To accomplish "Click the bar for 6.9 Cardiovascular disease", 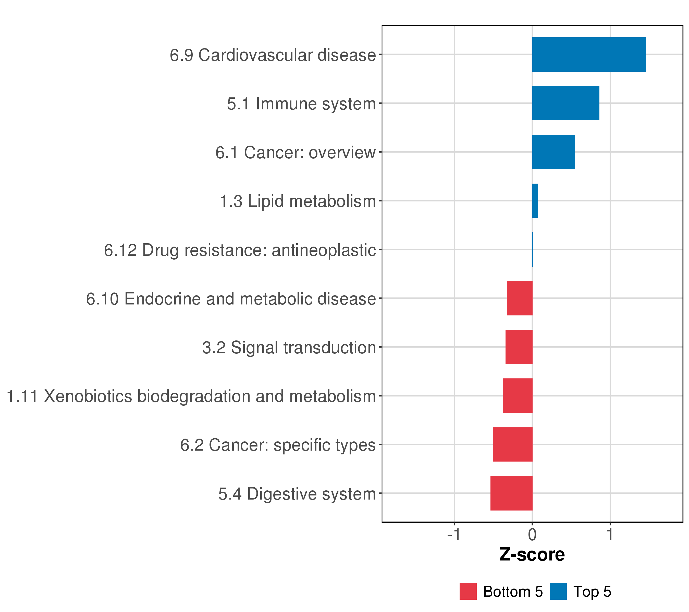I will point(589,55).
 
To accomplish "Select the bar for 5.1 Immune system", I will point(566,103).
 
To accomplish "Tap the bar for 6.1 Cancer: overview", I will point(553,152).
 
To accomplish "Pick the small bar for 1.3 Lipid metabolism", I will point(535,201).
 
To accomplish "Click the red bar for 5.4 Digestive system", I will point(511,493).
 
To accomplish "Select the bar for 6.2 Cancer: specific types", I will point(513,444).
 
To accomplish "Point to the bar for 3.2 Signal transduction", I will point(519,347).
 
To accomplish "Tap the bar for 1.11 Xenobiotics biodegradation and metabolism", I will point(518,396).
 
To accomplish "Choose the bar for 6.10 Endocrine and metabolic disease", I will point(520,298).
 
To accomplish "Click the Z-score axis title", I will point(532,555).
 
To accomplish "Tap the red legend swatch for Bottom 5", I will point(468,591).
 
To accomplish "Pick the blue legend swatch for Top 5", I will point(558,591).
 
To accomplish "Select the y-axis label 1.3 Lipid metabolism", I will point(298,201).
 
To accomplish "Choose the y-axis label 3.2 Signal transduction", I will point(289,348).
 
